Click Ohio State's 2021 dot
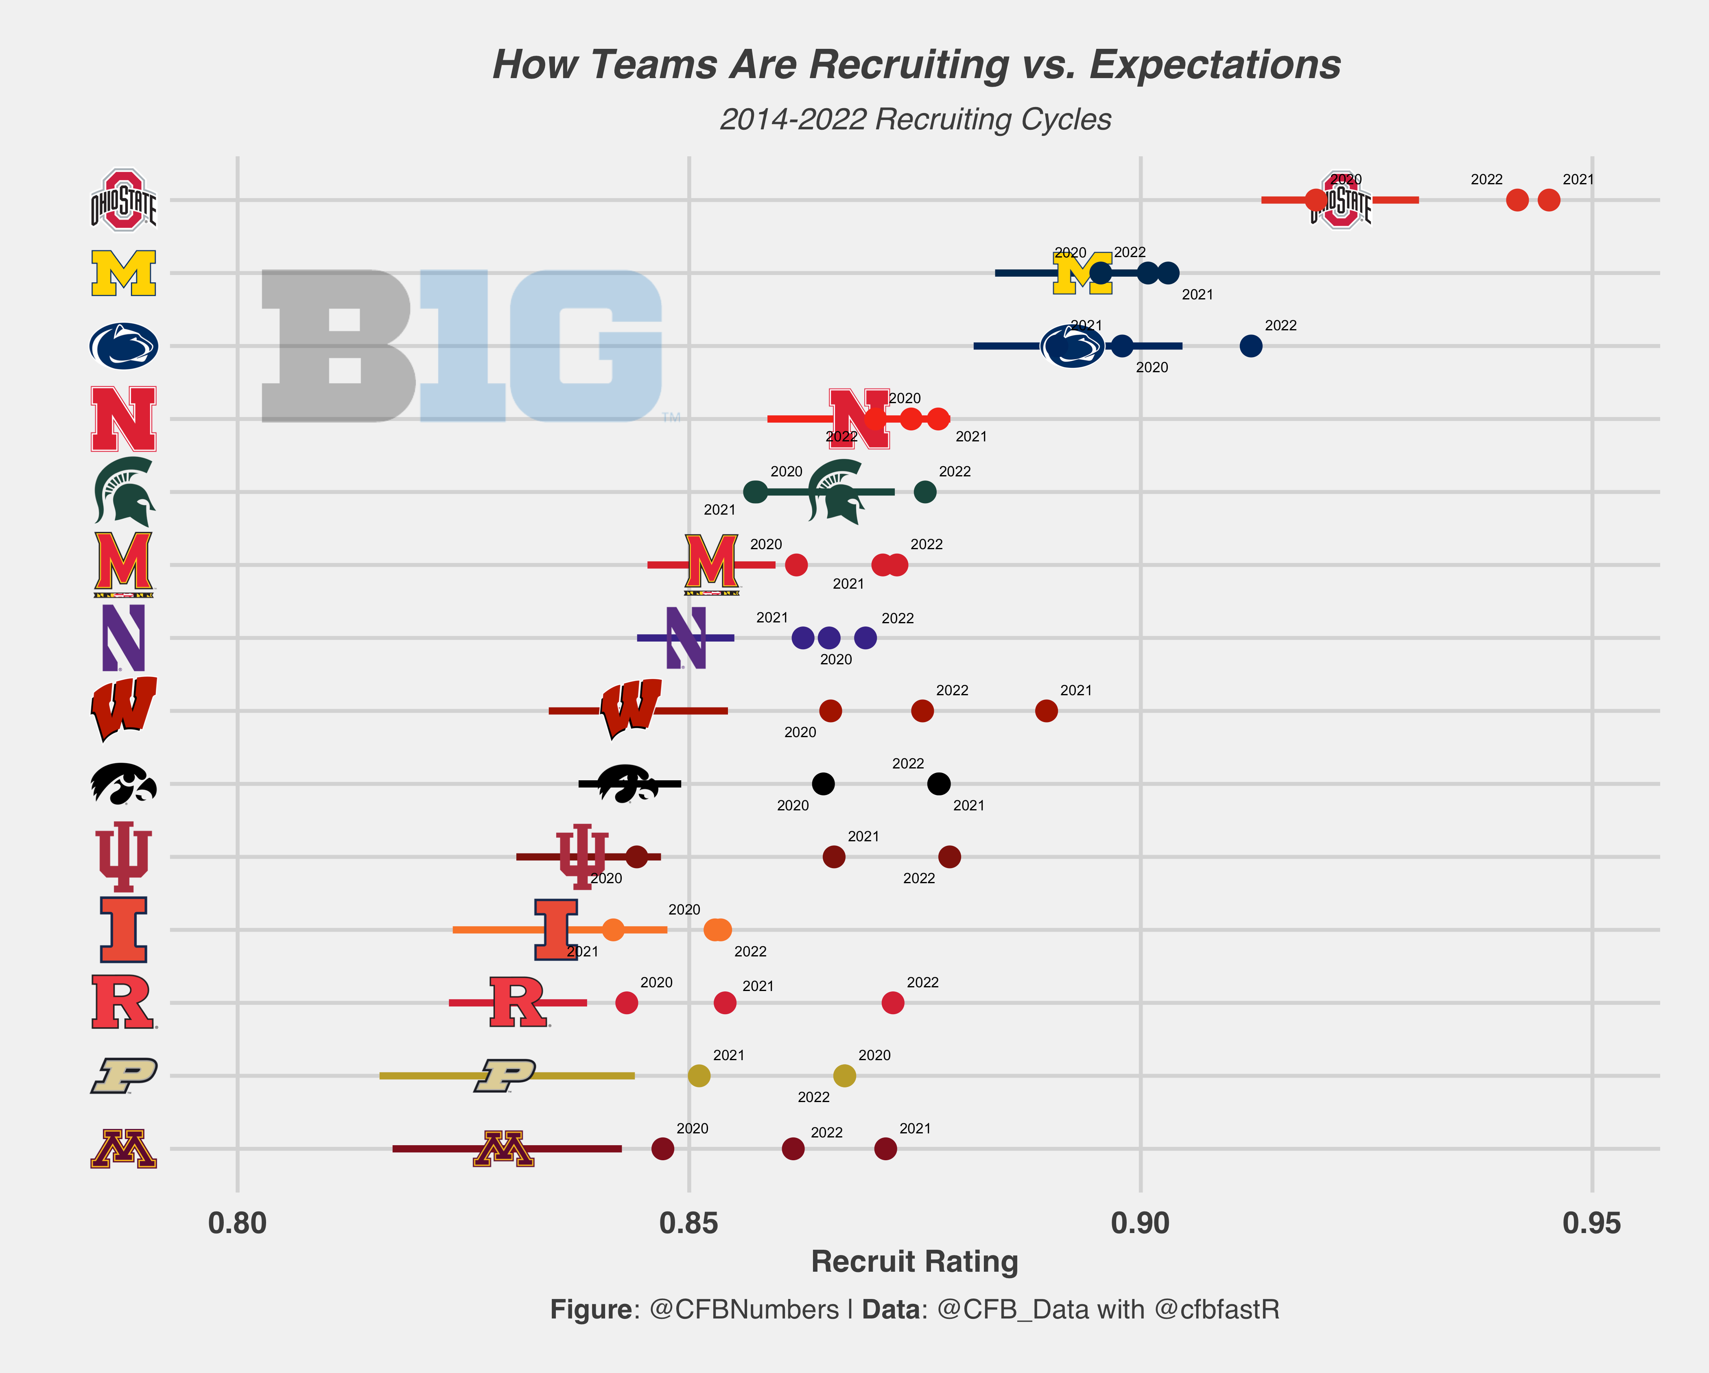[x=1548, y=200]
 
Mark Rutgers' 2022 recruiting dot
[x=893, y=1003]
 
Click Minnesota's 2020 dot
[x=663, y=1149]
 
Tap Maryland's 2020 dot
[x=796, y=565]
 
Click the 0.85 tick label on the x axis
[x=689, y=1223]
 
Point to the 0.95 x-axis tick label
[x=1592, y=1223]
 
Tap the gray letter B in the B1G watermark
[x=337, y=346]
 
